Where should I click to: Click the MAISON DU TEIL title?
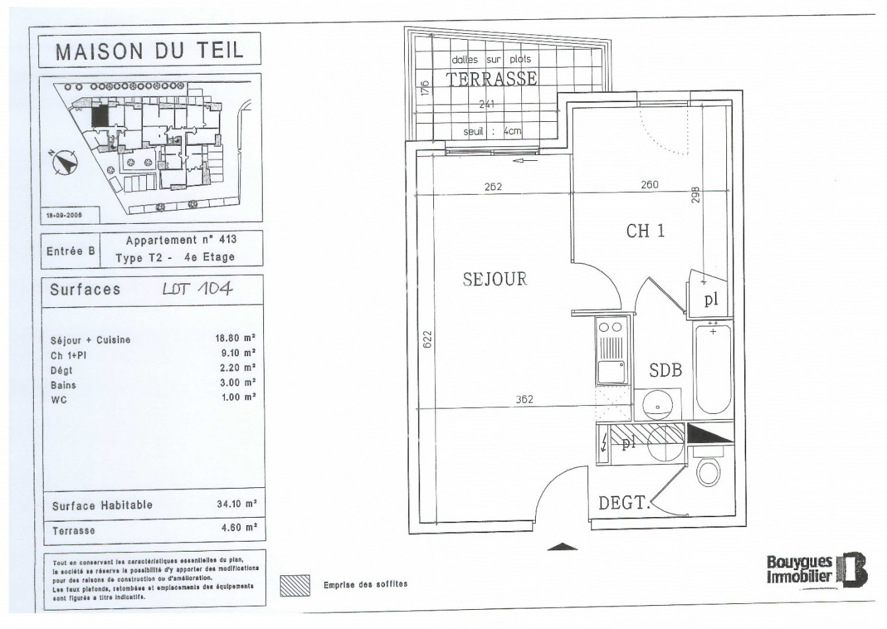pyautogui.click(x=149, y=50)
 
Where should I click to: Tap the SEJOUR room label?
pyautogui.click(x=495, y=279)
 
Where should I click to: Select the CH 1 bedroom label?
pyautogui.click(x=645, y=231)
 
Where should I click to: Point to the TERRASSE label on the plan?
pyautogui.click(x=491, y=79)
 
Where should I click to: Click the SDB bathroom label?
pyautogui.click(x=665, y=370)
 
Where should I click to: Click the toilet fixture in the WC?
pyautogui.click(x=709, y=471)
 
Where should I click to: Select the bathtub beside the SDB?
pyautogui.click(x=713, y=369)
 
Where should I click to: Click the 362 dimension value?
pyautogui.click(x=524, y=399)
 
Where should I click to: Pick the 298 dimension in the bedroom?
pyautogui.click(x=696, y=196)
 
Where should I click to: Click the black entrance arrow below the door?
pyautogui.click(x=562, y=546)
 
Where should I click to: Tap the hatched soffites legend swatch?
pyautogui.click(x=295, y=585)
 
